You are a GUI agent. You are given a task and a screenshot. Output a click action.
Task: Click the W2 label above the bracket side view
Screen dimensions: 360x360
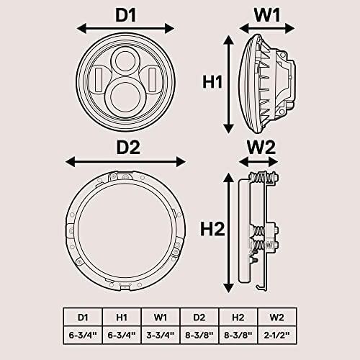click(x=261, y=147)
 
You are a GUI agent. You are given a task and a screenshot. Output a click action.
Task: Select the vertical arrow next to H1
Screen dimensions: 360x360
click(x=229, y=83)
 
